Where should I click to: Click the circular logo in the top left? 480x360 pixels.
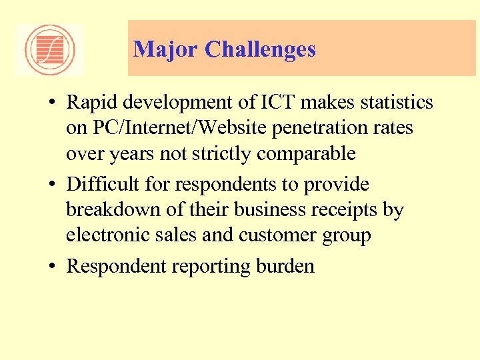click(49, 50)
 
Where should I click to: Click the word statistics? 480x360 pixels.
click(396, 103)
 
